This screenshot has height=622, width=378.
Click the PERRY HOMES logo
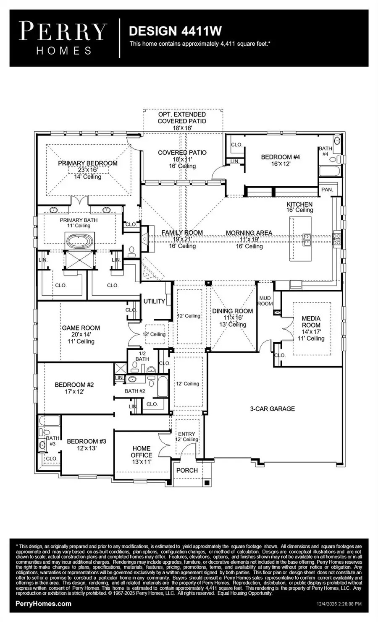point(63,38)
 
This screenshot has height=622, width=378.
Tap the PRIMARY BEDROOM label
point(88,163)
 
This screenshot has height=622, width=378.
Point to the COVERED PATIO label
point(182,153)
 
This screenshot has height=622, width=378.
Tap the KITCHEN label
point(299,204)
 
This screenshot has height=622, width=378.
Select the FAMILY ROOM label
point(182,233)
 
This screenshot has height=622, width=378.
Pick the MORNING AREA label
point(249,233)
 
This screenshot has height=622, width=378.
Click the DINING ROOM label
point(232,311)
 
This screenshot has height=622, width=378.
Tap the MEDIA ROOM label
point(311,322)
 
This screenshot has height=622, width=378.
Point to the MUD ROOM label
point(265,301)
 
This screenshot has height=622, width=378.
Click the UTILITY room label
point(154,301)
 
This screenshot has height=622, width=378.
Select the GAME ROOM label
point(81,328)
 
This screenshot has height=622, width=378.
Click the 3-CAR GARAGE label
point(272,409)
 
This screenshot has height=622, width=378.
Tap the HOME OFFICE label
point(142,452)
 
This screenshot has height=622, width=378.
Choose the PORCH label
point(187,470)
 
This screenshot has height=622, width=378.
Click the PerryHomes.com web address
point(43,604)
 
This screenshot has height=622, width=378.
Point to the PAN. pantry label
point(327,190)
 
